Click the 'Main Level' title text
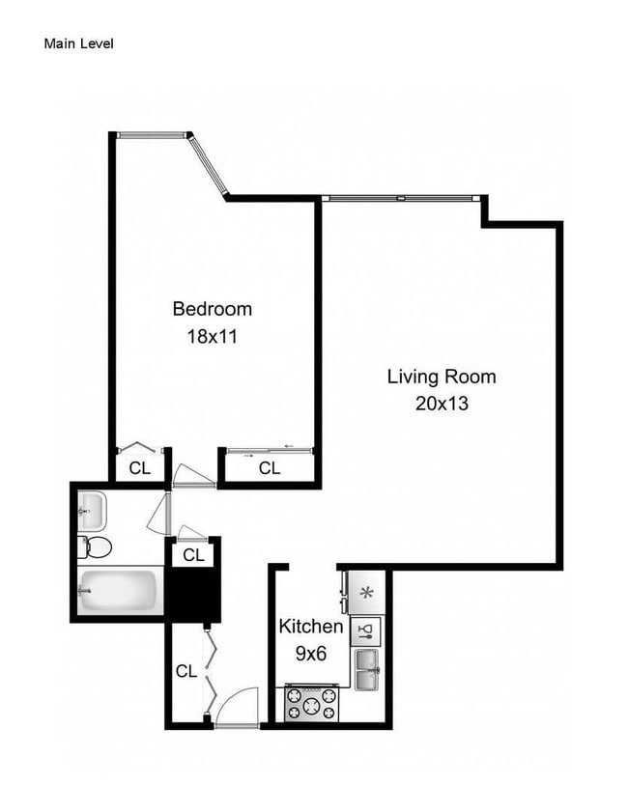[79, 43]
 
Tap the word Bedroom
[212, 309]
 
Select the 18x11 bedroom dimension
[212, 337]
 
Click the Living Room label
[441, 377]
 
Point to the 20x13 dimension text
[441, 404]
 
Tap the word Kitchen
[310, 627]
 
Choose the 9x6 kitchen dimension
[310, 654]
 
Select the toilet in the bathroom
[96, 547]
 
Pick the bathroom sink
[91, 505]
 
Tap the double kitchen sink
[367, 669]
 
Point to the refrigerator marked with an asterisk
[367, 593]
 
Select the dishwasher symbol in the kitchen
[366, 632]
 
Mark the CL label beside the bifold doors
[186, 669]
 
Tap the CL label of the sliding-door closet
[270, 468]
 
